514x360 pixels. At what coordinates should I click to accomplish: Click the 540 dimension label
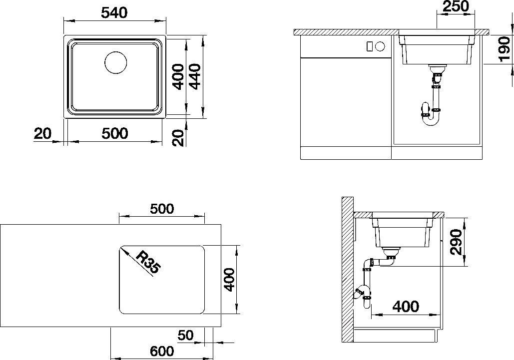[114, 13]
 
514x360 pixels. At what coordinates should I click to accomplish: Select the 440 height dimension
[195, 77]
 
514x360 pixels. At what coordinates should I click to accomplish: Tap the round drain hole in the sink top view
[116, 62]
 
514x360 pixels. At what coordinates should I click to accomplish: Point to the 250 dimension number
[456, 6]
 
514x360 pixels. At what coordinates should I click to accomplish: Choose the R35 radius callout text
[148, 262]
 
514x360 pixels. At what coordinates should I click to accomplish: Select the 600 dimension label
[162, 351]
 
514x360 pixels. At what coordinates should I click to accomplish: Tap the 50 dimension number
[186, 335]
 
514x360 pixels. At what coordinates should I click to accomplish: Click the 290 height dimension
[456, 242]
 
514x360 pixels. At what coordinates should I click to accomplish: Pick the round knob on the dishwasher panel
[380, 46]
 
